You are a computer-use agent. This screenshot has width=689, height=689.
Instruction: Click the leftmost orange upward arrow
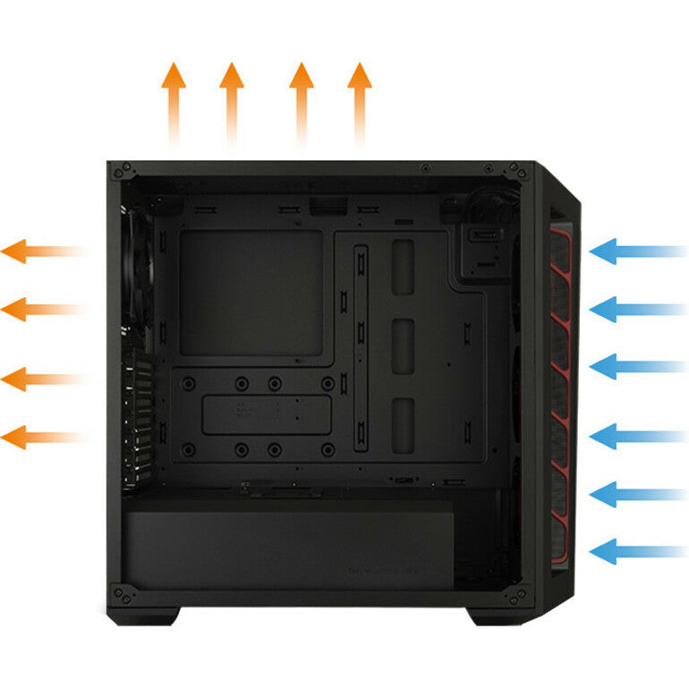pos(174,98)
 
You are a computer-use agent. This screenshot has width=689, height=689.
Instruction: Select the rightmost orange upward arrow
pos(360,98)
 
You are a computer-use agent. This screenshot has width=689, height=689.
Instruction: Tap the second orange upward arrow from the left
pos(232,98)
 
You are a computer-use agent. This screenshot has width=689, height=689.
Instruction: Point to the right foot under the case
pos(491,616)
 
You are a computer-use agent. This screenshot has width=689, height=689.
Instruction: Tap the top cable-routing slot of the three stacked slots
pos(403,266)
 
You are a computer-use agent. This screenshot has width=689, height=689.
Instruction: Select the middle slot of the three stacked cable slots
pos(403,344)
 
